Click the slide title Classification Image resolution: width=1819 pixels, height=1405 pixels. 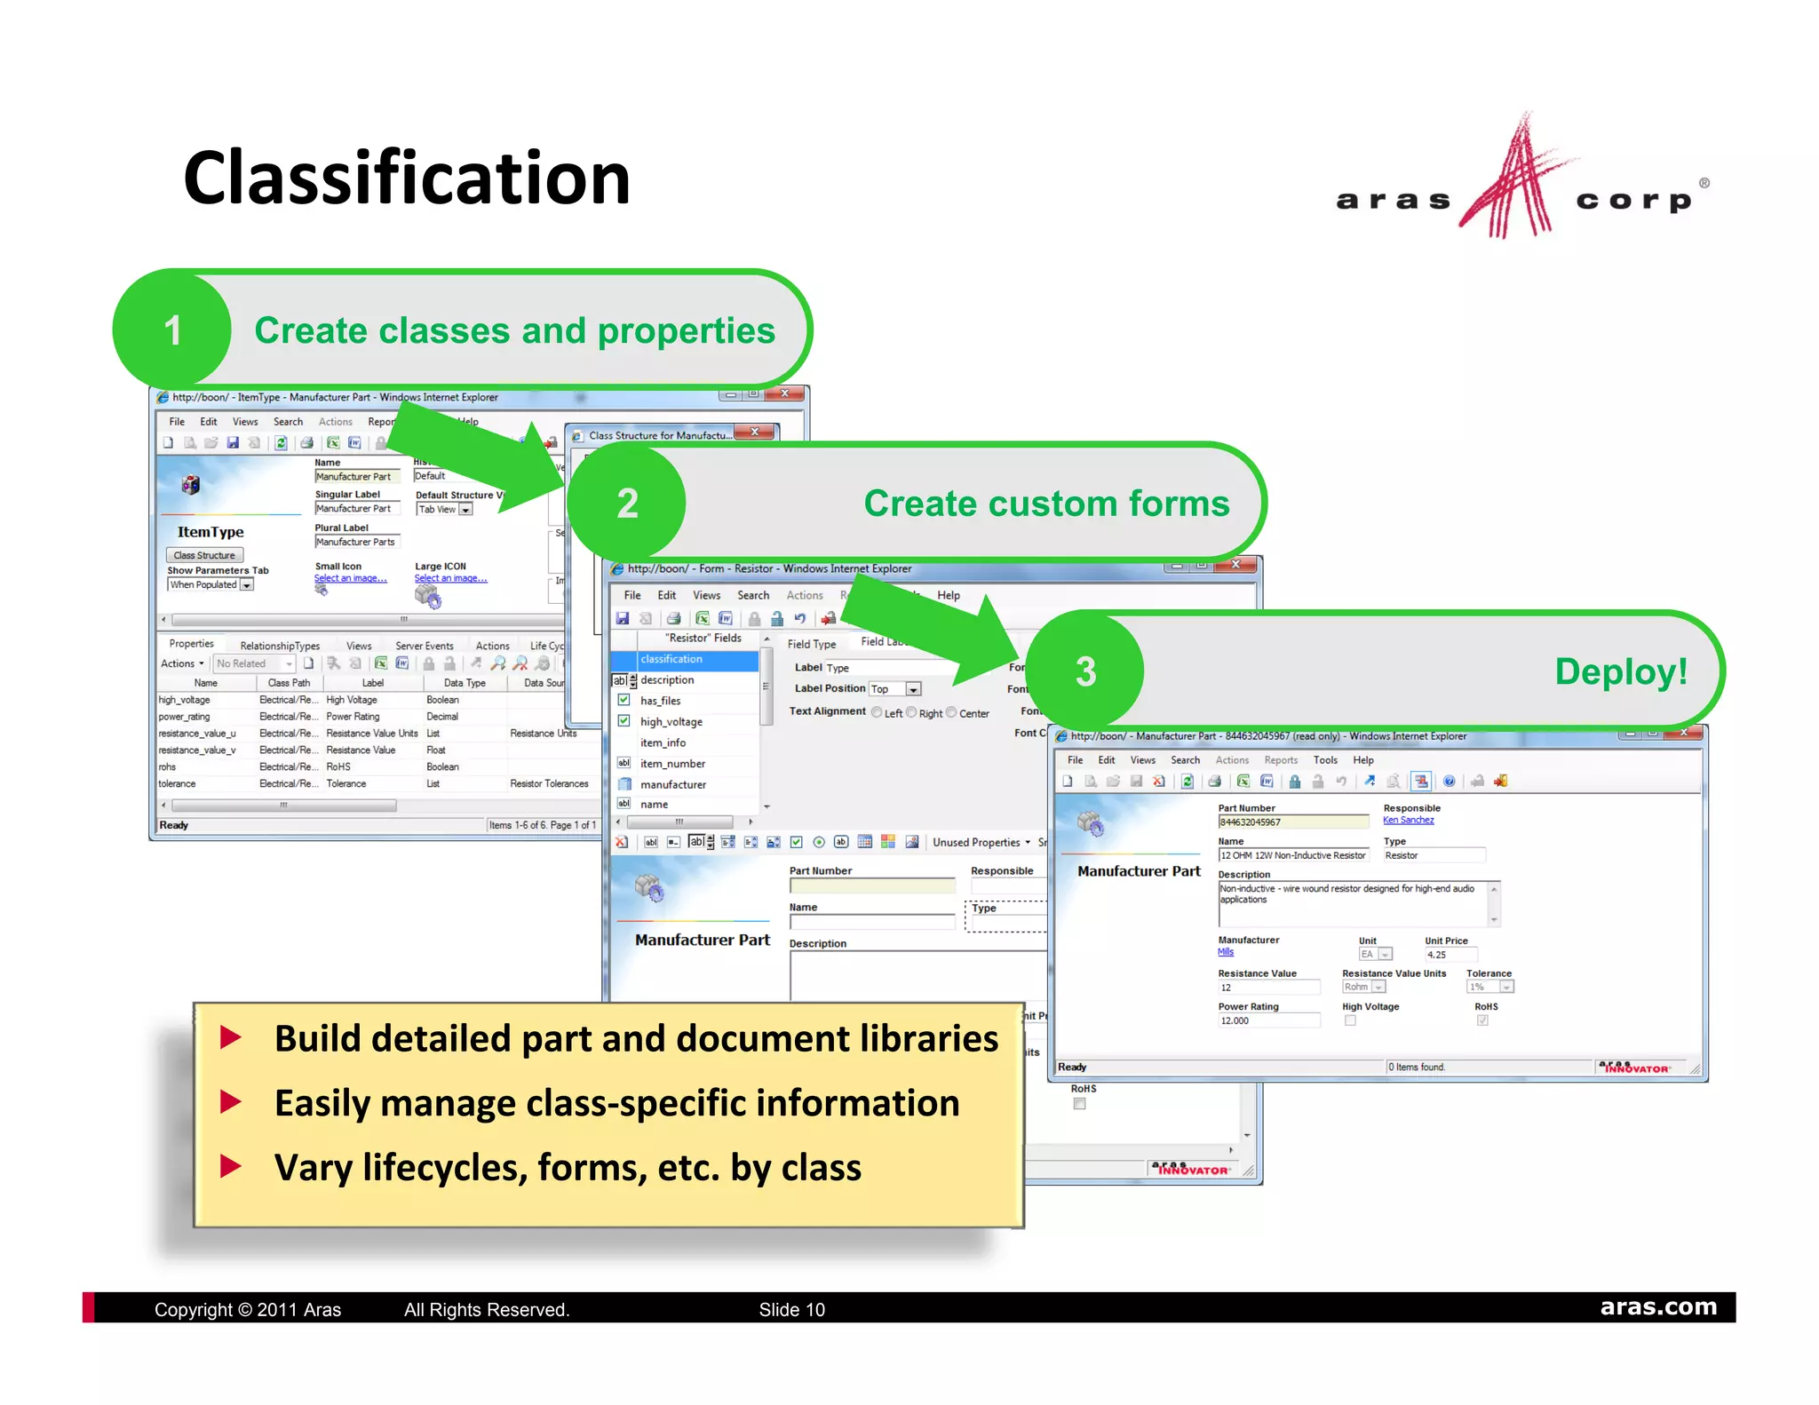point(406,178)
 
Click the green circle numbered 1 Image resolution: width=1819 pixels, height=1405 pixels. point(172,330)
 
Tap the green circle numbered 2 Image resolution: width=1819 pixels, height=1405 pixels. point(627,504)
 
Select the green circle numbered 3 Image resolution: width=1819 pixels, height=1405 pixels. point(1085,671)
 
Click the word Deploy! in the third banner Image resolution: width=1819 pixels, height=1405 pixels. point(1620,671)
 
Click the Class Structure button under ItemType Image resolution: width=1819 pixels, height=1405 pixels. point(204,555)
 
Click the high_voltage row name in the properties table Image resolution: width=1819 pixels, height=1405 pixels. point(185,700)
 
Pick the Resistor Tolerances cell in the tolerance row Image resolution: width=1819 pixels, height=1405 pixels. point(549,783)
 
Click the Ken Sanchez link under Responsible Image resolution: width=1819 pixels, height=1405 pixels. point(1408,820)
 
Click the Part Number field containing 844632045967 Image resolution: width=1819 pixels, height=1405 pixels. point(1291,822)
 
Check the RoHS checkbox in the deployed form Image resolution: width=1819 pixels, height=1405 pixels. point(1481,1020)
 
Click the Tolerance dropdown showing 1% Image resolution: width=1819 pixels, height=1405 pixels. point(1489,987)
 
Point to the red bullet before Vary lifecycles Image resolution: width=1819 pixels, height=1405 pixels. point(231,1166)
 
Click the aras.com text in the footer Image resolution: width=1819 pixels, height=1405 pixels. point(1658,1306)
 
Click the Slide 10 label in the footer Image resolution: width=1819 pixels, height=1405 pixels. point(791,1310)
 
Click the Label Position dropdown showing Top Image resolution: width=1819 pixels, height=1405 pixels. point(894,689)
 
